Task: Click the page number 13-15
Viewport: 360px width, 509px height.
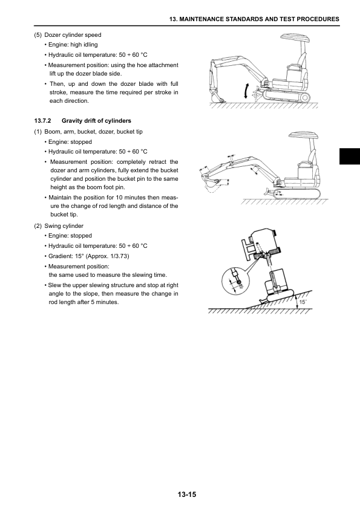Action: click(x=187, y=494)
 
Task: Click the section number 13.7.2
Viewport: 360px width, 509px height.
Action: click(x=42, y=121)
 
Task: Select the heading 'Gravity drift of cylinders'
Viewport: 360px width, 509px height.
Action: click(x=96, y=121)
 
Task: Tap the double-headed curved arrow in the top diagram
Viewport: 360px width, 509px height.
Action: click(x=246, y=91)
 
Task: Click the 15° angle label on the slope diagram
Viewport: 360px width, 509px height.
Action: click(x=303, y=302)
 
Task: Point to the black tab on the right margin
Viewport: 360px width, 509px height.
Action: click(x=350, y=157)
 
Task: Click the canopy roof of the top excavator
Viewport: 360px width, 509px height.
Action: click(x=295, y=37)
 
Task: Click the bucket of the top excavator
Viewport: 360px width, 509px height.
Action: click(x=217, y=97)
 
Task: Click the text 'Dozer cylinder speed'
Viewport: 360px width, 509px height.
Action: click(x=73, y=35)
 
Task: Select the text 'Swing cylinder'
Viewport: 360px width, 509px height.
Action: click(x=64, y=226)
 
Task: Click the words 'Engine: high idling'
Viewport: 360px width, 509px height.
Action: click(x=73, y=45)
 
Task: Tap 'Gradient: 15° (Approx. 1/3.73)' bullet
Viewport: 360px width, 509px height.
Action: click(x=88, y=256)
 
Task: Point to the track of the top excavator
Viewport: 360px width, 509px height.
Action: click(x=286, y=96)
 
